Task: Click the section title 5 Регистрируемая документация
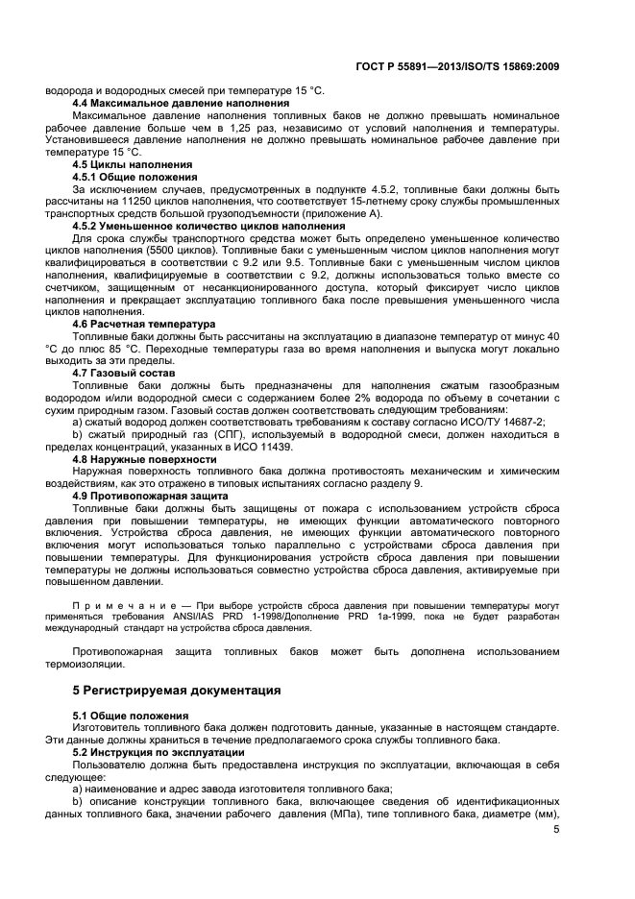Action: [177, 690]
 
